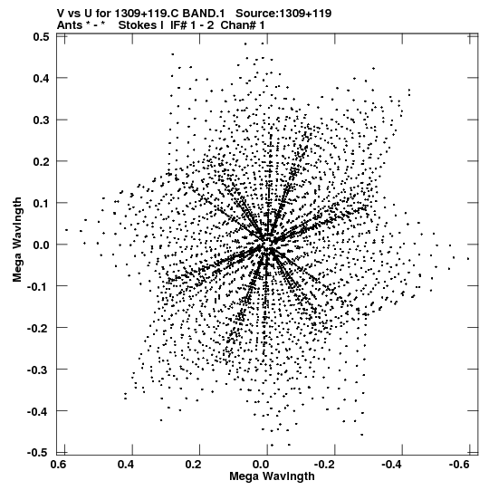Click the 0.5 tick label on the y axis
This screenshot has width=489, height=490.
coord(41,37)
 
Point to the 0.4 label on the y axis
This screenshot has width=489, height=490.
coord(41,78)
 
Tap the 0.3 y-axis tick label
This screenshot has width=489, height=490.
coord(41,120)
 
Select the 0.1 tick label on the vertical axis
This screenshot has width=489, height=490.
coord(41,203)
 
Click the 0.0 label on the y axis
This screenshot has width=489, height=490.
coord(41,245)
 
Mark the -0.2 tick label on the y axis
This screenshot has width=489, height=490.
coord(38,328)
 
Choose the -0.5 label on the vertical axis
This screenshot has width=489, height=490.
coord(38,453)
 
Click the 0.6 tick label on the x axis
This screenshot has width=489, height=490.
coord(59,465)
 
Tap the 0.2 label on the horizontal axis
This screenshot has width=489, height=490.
coord(193,465)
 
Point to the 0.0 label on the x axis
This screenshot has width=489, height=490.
coord(261,465)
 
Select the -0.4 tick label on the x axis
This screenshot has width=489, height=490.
coord(392,465)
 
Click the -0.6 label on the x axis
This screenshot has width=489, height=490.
coord(459,465)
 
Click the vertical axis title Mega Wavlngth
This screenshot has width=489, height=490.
coord(17,240)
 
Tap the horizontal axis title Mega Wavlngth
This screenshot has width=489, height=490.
coord(272,476)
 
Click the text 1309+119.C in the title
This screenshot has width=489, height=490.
coord(148,14)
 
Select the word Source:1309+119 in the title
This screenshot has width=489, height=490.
coord(283,14)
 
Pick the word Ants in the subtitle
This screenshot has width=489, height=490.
coord(70,25)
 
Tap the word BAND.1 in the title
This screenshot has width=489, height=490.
coord(204,14)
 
